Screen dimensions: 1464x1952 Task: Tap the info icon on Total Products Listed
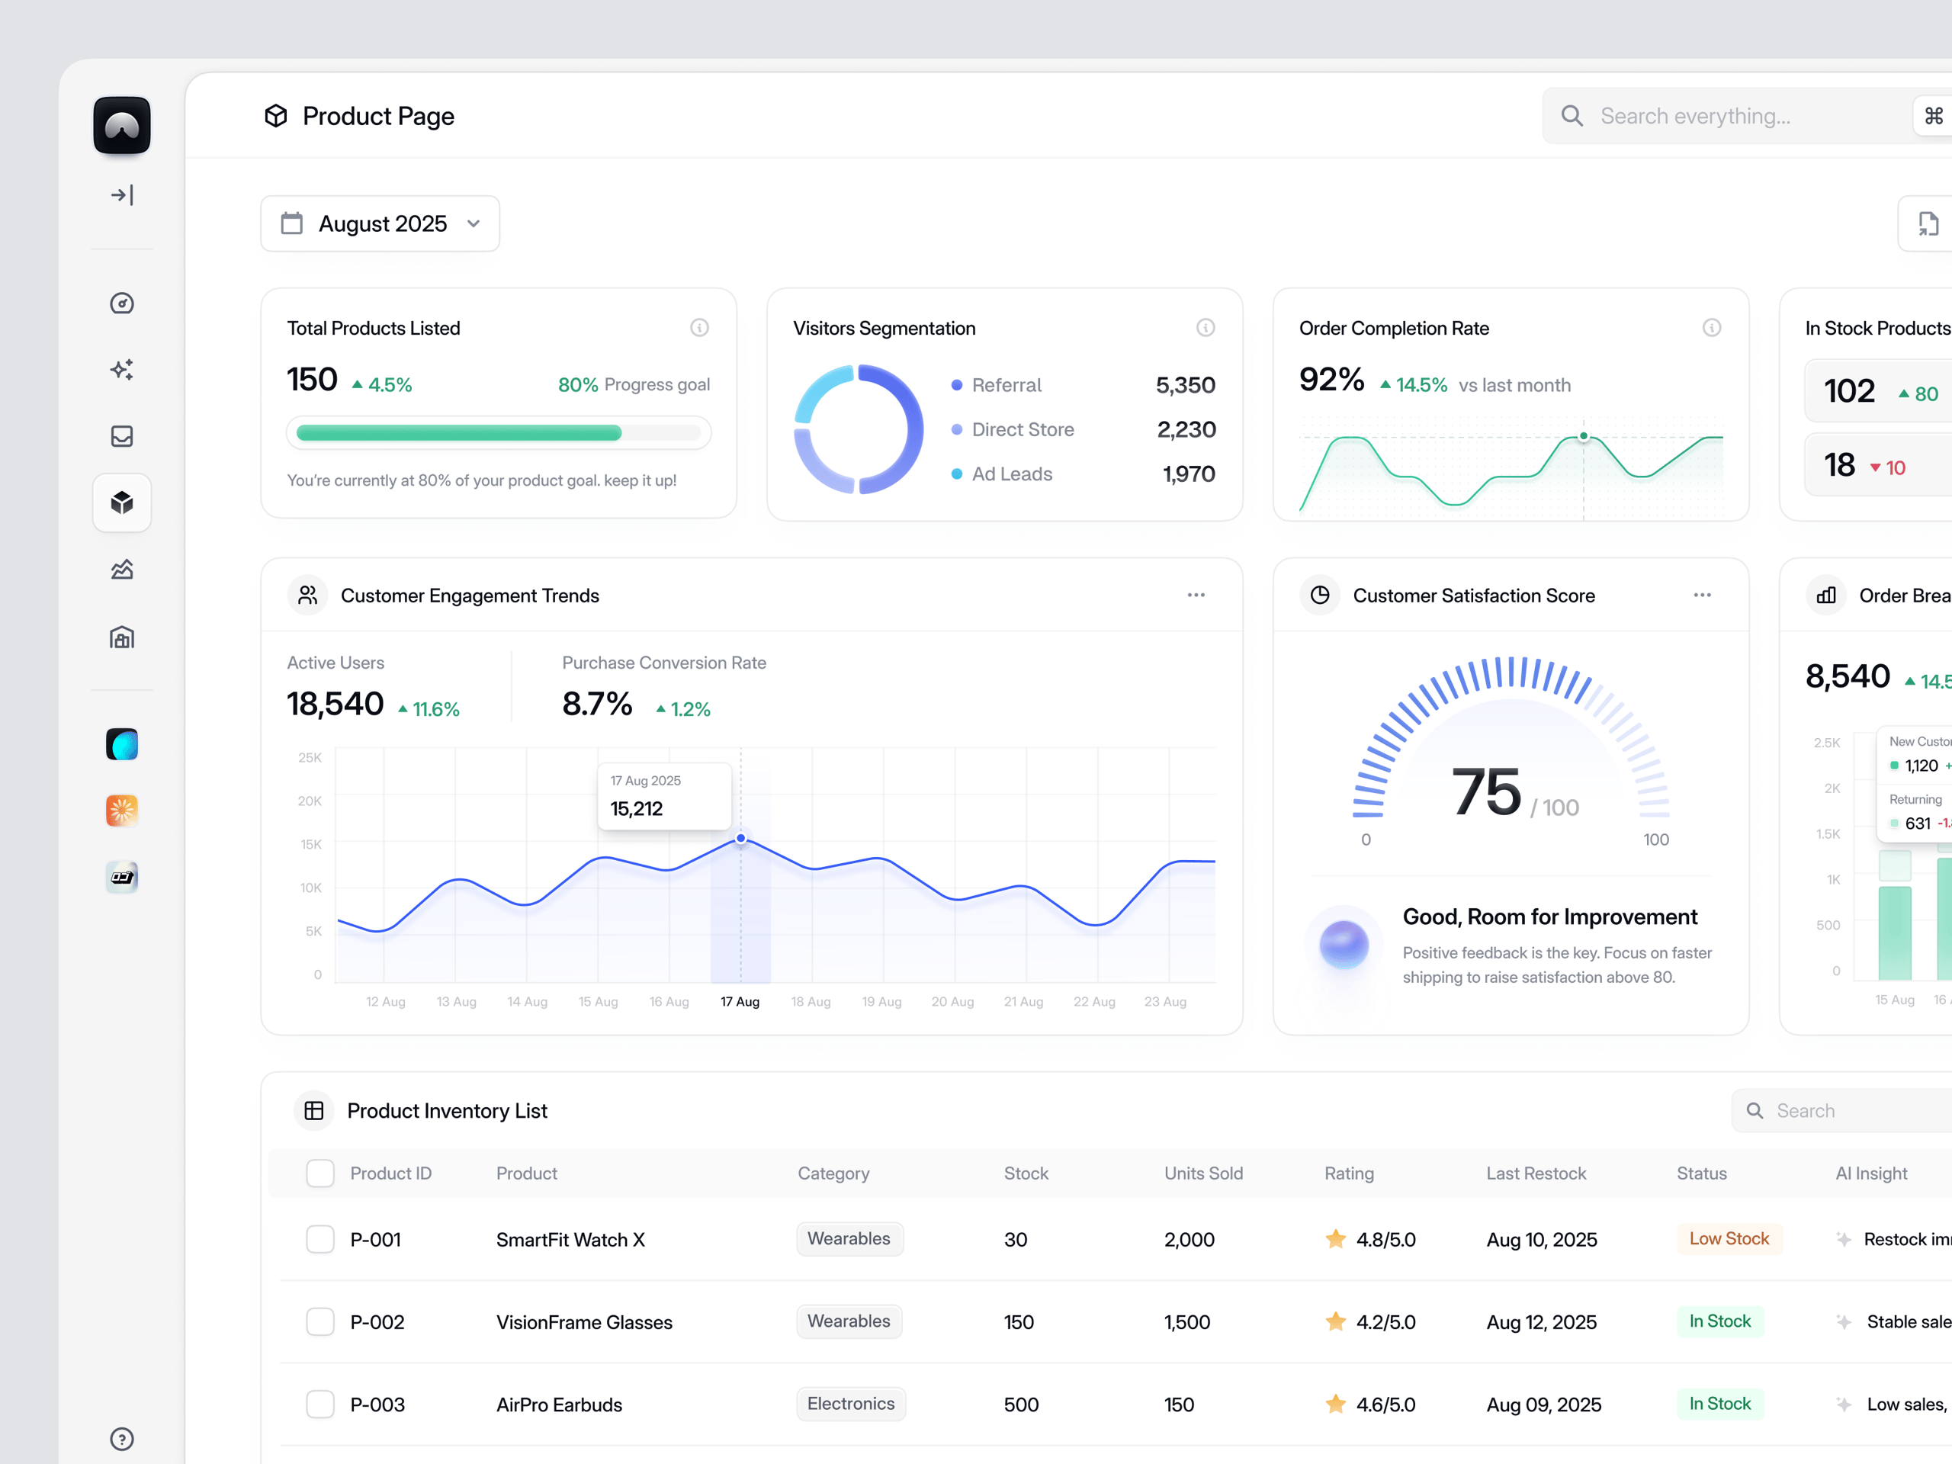click(699, 329)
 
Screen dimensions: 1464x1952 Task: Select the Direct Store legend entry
click(1022, 430)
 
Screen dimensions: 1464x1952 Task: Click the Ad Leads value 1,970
click(1188, 475)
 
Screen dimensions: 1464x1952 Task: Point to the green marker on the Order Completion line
click(1584, 436)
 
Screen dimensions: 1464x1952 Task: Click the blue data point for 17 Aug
click(741, 838)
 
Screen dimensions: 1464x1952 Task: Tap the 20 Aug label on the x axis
click(952, 1002)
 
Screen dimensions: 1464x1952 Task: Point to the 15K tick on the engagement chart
click(310, 845)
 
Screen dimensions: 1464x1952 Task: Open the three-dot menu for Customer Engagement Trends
click(1196, 596)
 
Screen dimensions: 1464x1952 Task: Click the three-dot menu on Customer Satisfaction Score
click(1701, 596)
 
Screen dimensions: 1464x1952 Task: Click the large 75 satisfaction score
click(1486, 791)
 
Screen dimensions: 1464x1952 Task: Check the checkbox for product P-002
click(320, 1322)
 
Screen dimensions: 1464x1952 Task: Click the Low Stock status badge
click(1728, 1239)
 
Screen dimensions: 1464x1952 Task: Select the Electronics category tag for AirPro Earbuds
click(850, 1404)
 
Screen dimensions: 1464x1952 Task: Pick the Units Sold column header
click(1202, 1173)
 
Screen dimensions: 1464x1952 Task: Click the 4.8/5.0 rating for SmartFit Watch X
click(1384, 1240)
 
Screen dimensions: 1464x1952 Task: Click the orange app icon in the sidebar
click(122, 810)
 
